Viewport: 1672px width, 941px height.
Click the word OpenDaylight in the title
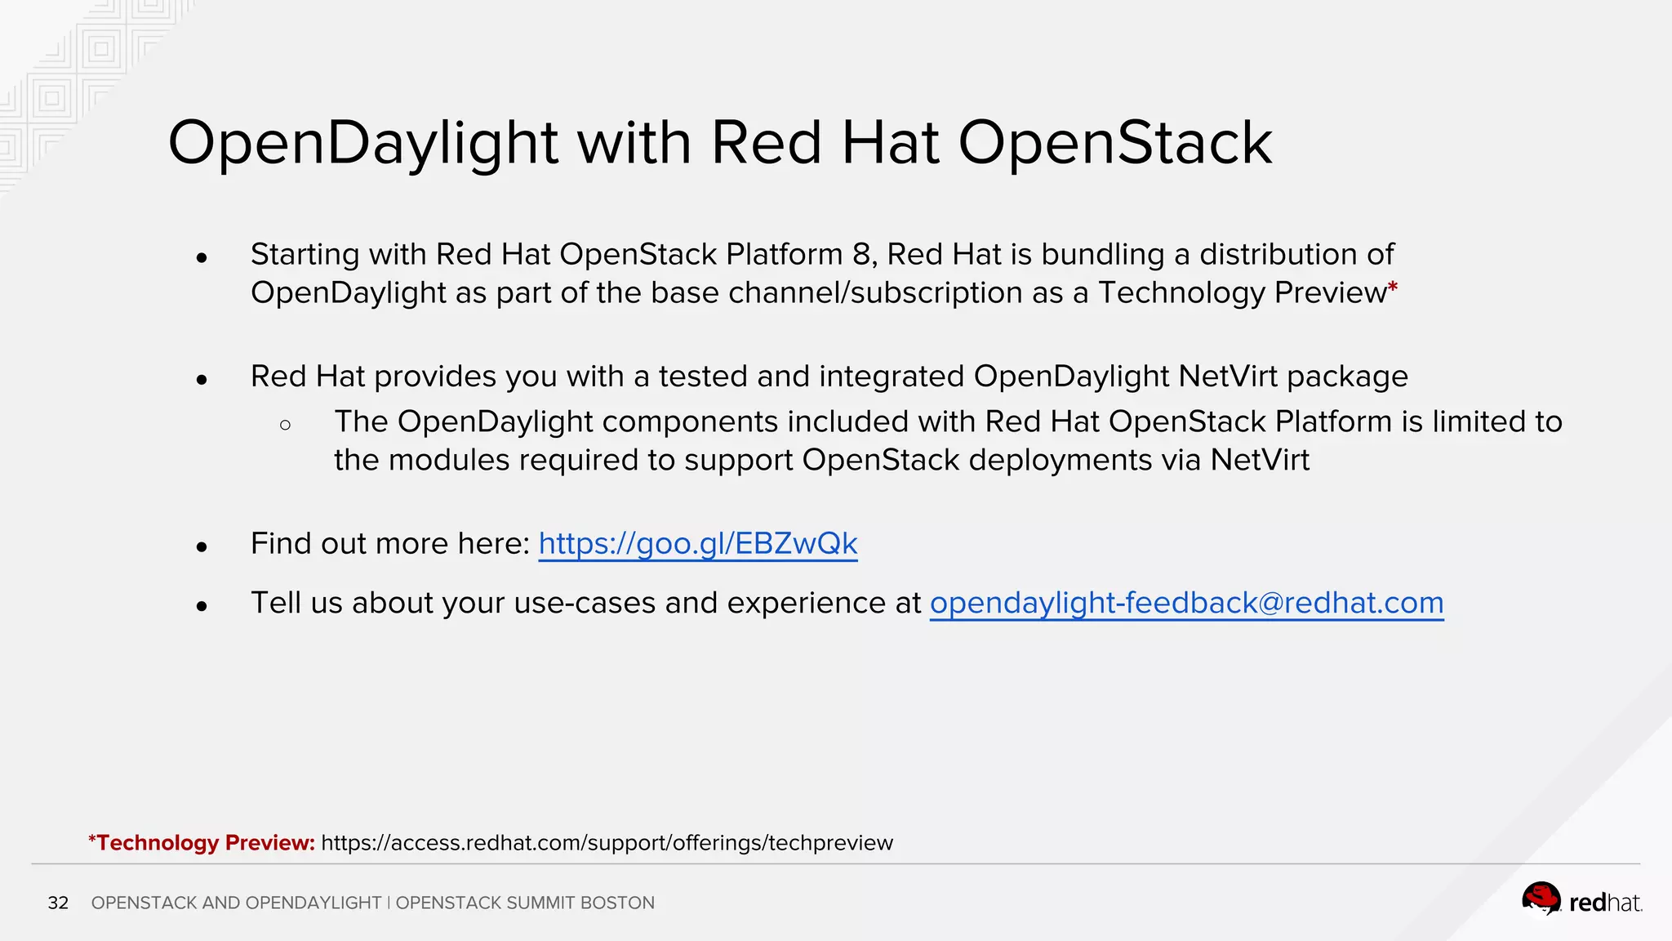(362, 144)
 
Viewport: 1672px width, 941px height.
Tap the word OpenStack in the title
(1114, 144)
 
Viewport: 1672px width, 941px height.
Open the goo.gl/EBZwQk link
(698, 544)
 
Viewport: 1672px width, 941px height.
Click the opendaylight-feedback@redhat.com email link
(1186, 604)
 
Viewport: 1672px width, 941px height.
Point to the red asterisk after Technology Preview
(1393, 288)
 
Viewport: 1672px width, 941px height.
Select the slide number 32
(58, 903)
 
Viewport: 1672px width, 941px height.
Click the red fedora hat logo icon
(1541, 899)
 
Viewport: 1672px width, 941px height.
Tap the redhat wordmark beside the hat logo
(1605, 903)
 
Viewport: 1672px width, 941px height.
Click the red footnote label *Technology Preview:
(202, 843)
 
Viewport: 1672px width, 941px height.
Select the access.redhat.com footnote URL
(607, 843)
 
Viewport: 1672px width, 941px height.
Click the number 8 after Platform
(861, 255)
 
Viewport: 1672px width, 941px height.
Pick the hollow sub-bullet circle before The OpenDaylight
(285, 425)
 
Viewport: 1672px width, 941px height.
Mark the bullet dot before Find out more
(202, 546)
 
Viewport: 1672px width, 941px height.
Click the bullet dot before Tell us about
(202, 606)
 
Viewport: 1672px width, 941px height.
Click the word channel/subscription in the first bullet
(874, 293)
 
